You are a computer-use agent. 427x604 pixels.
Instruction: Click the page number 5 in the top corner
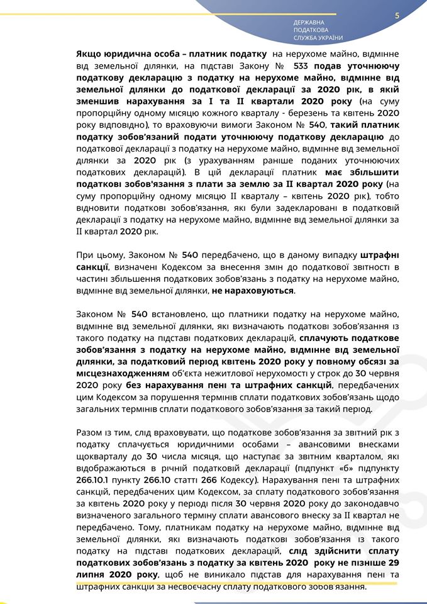[x=397, y=16]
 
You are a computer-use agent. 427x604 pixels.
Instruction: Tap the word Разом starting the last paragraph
[x=90, y=433]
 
